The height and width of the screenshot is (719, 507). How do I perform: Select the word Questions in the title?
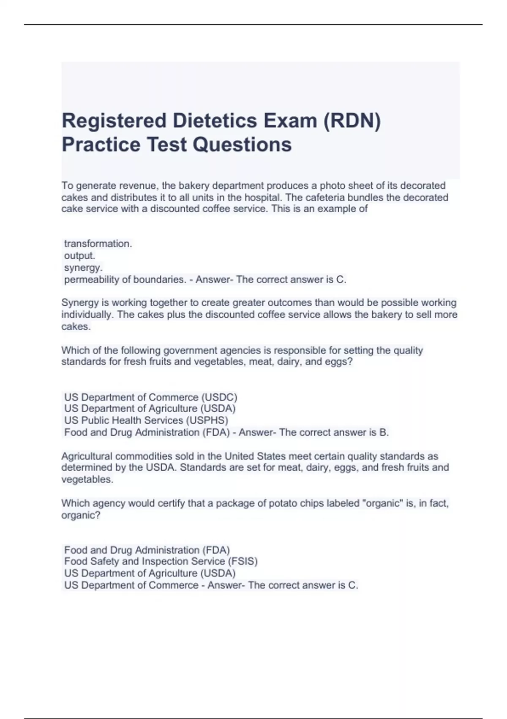(242, 144)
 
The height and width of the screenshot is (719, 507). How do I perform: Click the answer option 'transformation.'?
(98, 244)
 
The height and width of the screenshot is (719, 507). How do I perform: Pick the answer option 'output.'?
(79, 255)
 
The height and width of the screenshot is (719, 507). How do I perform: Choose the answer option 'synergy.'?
(83, 268)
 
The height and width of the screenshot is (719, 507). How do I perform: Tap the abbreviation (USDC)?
(219, 397)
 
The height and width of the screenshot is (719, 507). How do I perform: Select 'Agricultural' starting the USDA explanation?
(87, 456)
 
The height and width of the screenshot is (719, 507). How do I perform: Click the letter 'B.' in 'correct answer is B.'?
(384, 432)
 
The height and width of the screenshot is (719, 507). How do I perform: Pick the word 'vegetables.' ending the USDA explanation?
(87, 480)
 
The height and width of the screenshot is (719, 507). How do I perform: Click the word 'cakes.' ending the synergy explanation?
(76, 327)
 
